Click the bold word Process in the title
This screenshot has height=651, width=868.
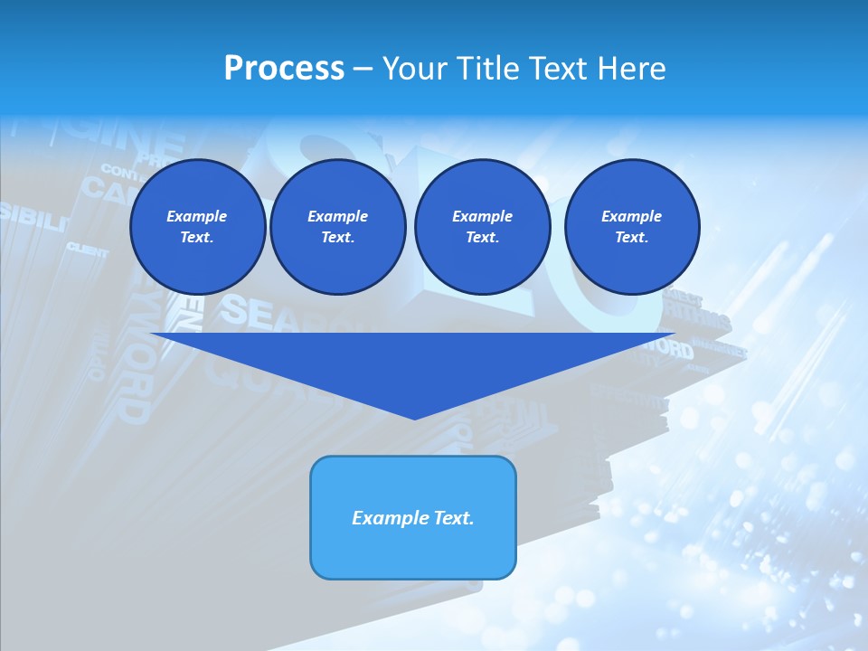pyautogui.click(x=284, y=69)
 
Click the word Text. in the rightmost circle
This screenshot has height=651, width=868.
pyautogui.click(x=632, y=237)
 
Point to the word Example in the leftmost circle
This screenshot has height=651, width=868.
pyautogui.click(x=197, y=216)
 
